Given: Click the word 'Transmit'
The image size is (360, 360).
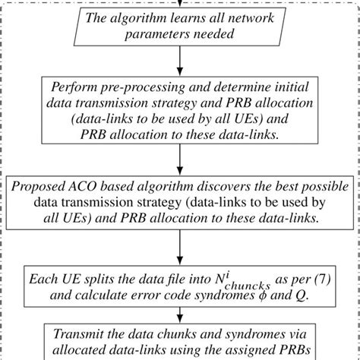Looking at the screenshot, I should [x=81, y=334].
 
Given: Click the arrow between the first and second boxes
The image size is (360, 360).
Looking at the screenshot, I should [x=180, y=59].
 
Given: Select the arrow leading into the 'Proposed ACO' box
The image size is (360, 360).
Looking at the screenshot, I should [x=180, y=160].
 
